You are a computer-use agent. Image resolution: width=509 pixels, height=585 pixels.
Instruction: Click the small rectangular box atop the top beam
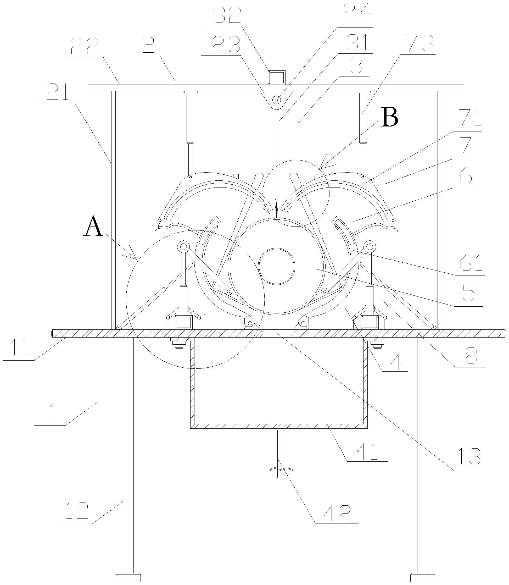[x=276, y=77]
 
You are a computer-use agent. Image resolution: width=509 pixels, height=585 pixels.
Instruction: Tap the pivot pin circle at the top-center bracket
[x=276, y=100]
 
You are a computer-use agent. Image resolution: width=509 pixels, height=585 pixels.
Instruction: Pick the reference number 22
[x=85, y=47]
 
